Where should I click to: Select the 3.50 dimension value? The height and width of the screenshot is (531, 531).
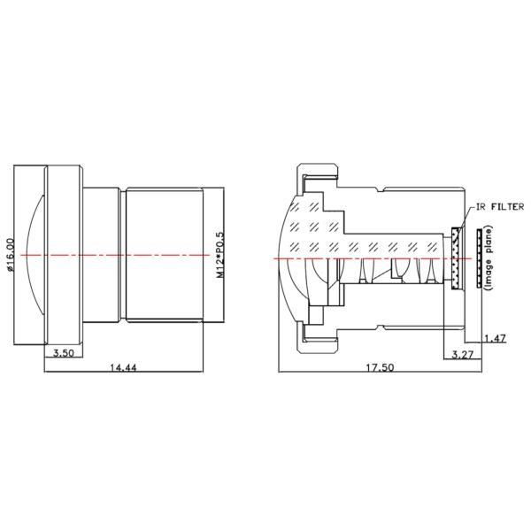[x=64, y=352]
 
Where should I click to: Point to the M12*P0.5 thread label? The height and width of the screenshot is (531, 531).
[x=219, y=256]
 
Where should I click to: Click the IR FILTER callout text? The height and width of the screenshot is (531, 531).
[x=500, y=206]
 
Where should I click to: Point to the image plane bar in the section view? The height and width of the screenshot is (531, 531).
[x=478, y=258]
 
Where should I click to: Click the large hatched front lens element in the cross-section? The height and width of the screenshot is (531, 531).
[x=310, y=230]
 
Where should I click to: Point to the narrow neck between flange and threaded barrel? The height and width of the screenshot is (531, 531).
[x=104, y=255]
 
